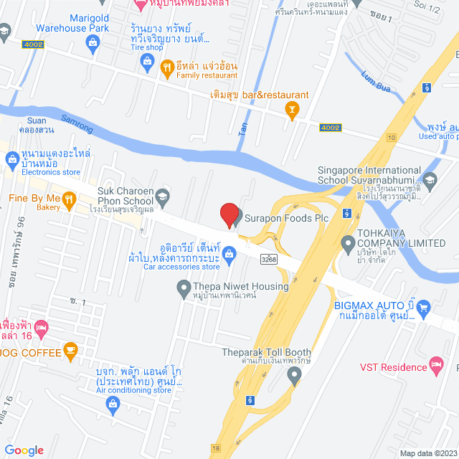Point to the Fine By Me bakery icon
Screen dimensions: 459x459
tap(69, 202)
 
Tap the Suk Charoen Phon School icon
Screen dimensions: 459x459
tap(163, 196)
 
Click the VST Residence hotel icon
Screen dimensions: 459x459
tap(435, 365)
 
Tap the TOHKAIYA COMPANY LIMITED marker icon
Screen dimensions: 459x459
tap(348, 243)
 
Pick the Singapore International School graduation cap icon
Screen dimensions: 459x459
tap(430, 179)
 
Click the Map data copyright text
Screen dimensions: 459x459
tap(427, 453)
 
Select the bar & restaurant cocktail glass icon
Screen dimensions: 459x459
tap(291, 109)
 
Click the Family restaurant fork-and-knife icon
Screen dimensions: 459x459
tap(166, 68)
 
